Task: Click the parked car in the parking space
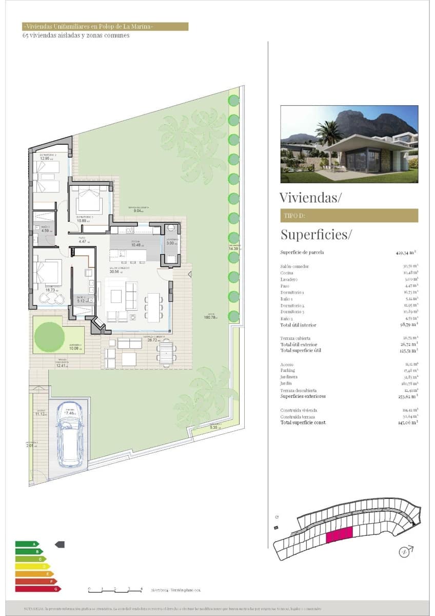coord(70,440)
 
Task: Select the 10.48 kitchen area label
coord(135,245)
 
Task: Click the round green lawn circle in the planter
coord(49,337)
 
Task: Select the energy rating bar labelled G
coord(38,589)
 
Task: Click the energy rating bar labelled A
coord(27,544)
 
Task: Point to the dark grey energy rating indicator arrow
coord(60,544)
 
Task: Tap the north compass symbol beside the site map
coord(406,552)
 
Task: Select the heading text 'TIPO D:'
coord(294,216)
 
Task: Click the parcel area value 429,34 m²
coord(406,253)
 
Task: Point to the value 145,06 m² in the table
coord(407,422)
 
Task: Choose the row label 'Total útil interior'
coord(298,325)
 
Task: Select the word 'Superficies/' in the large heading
coord(316,235)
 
